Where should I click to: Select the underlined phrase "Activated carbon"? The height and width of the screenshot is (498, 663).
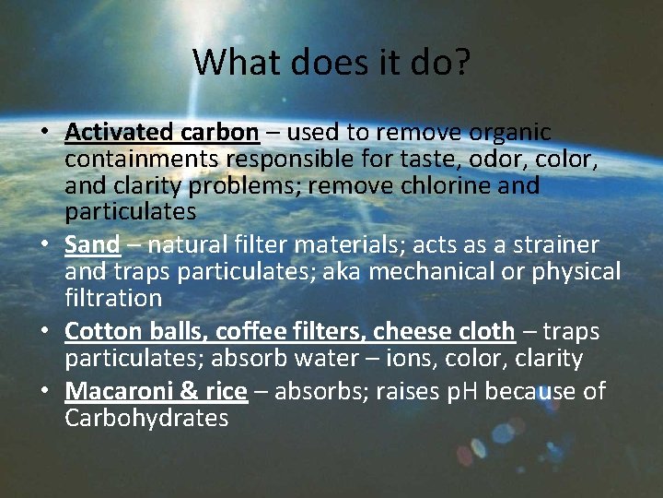click(x=161, y=132)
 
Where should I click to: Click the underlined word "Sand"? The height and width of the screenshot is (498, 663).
click(x=92, y=245)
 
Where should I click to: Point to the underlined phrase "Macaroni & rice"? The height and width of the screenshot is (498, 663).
click(x=156, y=391)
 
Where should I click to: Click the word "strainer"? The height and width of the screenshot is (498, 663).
click(x=554, y=245)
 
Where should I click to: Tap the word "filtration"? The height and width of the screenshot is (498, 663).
click(x=113, y=298)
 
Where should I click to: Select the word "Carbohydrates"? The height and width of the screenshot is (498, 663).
click(x=146, y=418)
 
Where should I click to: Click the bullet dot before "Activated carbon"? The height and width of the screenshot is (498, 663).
click(x=44, y=133)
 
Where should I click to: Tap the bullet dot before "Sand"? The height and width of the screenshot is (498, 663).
click(x=44, y=246)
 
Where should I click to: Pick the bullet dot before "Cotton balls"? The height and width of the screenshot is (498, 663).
click(x=44, y=332)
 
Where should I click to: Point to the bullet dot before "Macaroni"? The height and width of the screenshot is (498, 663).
click(x=44, y=392)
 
